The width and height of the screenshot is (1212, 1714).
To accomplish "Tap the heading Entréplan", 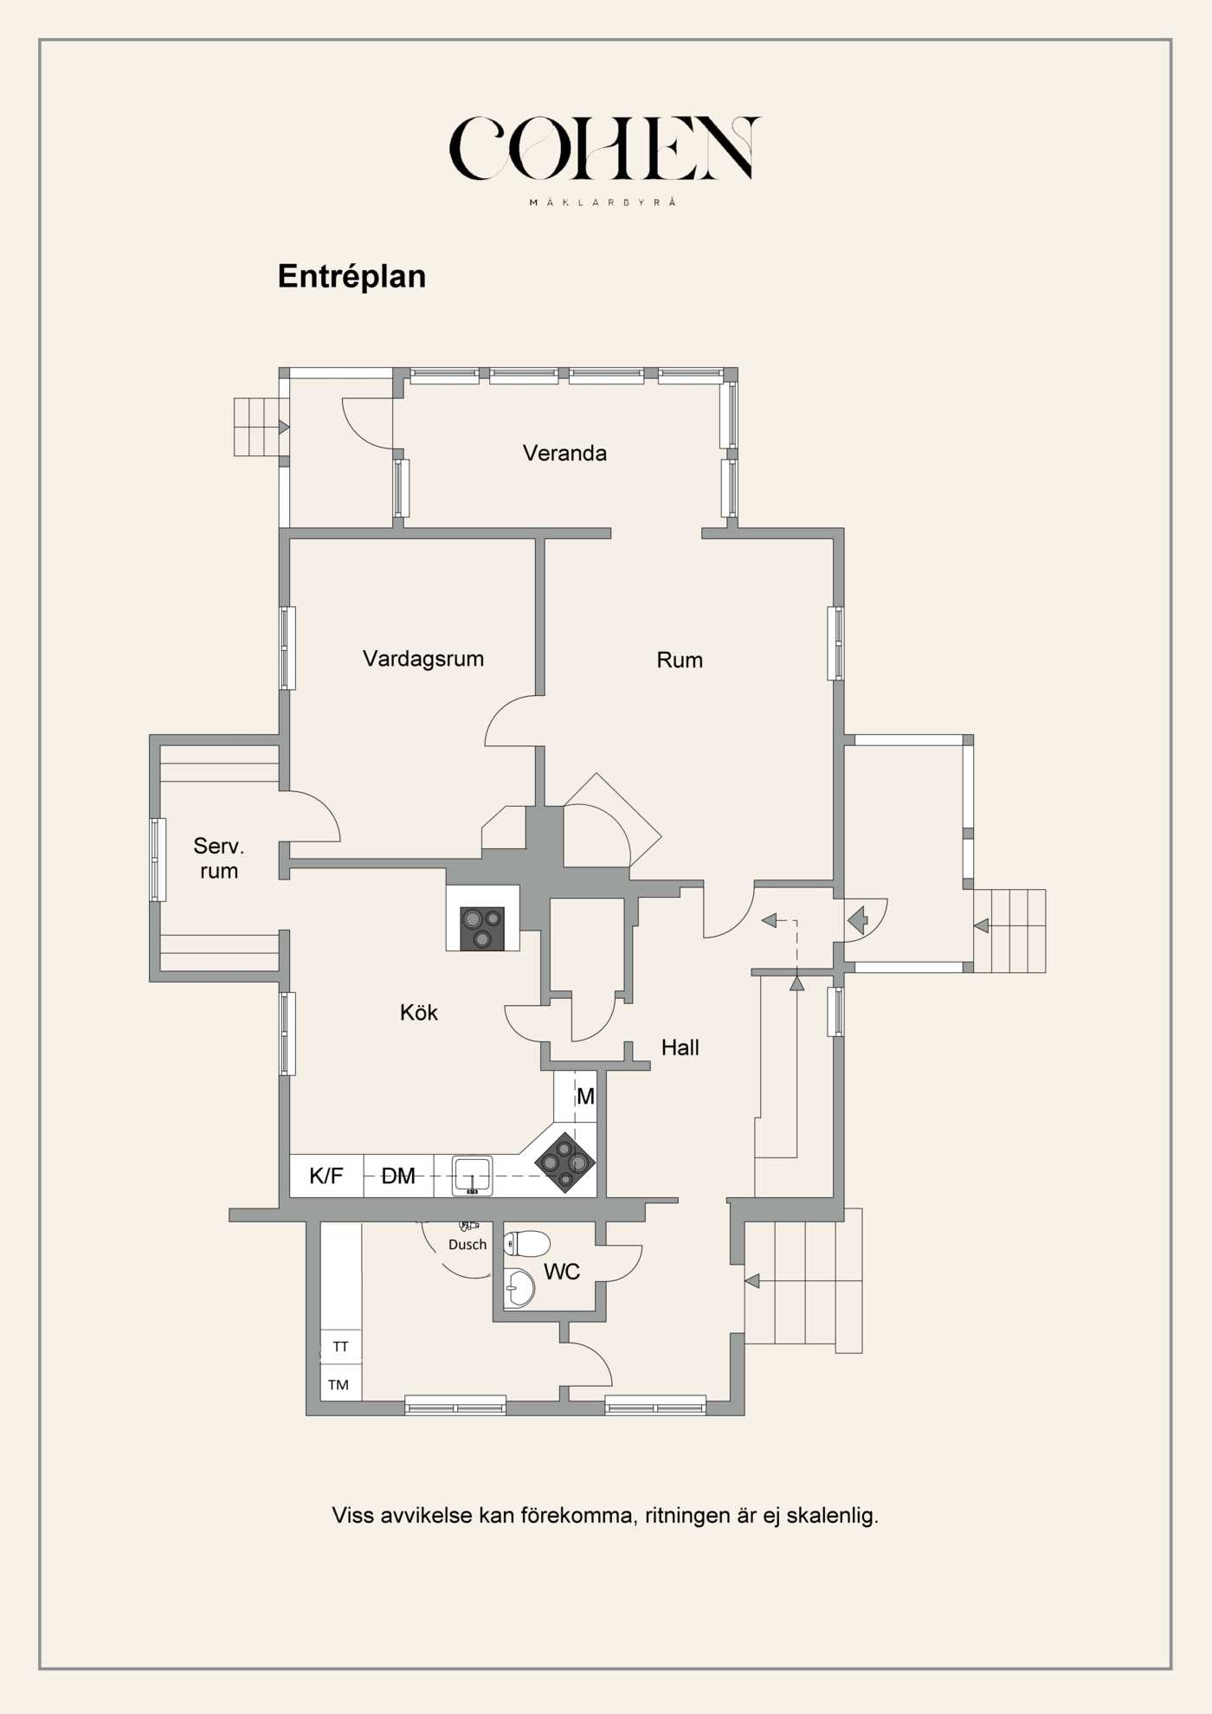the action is (x=351, y=276).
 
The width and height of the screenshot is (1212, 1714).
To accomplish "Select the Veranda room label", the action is (x=564, y=453).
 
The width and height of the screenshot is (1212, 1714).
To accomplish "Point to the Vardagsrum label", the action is (x=423, y=659).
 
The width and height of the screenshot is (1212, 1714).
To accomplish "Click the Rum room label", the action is (x=680, y=660).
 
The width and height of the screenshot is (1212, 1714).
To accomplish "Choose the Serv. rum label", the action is (x=219, y=858).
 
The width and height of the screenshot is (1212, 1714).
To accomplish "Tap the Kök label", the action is (x=419, y=1012).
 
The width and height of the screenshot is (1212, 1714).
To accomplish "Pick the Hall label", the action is (x=680, y=1047).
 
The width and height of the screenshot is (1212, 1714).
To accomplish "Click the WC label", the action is (x=562, y=1272).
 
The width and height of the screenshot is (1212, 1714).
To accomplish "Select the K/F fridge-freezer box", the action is (x=326, y=1176).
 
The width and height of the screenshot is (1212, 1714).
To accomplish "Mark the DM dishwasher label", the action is (x=398, y=1176).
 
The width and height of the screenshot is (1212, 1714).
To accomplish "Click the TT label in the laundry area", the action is (x=341, y=1347).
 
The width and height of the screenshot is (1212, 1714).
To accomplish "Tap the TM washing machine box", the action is (x=340, y=1385).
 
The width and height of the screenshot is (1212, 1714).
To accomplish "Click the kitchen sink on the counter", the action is (x=472, y=1176).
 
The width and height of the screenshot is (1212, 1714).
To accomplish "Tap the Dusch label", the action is (x=467, y=1245).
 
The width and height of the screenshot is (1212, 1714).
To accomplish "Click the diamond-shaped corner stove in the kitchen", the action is (x=565, y=1163).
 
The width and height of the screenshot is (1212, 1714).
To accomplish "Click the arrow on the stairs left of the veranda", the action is (x=283, y=427).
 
